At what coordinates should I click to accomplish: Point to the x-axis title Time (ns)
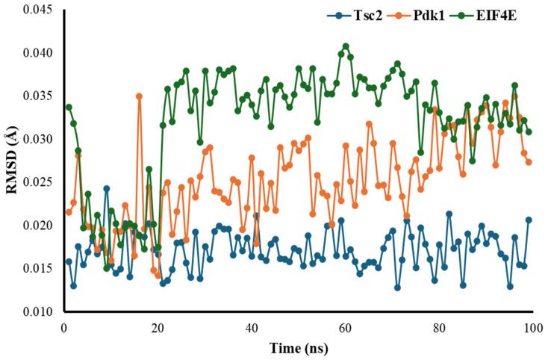[x=297, y=347]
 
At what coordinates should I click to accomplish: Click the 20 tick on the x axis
[x=157, y=327]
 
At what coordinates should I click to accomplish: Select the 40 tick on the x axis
[x=251, y=327]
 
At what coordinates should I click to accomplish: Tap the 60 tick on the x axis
[x=344, y=327]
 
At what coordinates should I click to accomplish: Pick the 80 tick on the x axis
[x=438, y=327]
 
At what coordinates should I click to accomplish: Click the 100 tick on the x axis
[x=531, y=327]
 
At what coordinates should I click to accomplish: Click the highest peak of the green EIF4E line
[x=345, y=46]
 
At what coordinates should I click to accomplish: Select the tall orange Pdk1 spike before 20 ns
[x=139, y=96]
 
